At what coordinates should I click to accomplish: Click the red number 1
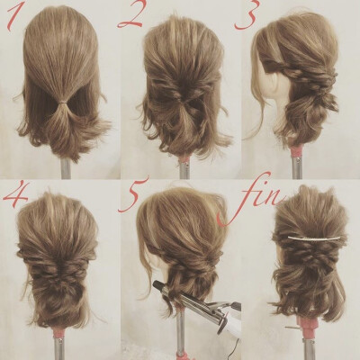(13, 17)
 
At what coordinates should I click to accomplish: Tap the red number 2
(131, 16)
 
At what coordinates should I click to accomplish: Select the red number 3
(247, 17)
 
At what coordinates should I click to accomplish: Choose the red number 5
(133, 195)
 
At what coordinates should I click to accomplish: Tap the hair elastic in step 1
(63, 103)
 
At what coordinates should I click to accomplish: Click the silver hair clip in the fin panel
(314, 238)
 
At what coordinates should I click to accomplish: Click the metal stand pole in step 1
(66, 168)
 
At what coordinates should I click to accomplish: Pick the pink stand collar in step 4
(58, 333)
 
